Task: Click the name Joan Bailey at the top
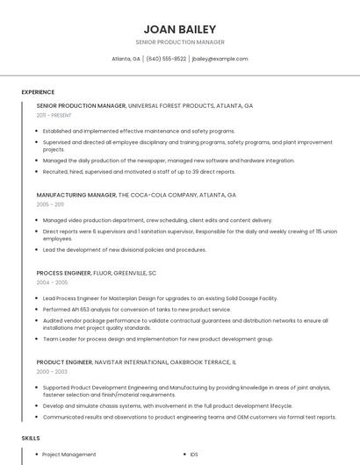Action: click(179, 29)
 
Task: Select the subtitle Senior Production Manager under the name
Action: click(179, 42)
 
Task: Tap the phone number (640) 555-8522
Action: click(166, 59)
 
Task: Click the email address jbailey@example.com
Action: click(220, 59)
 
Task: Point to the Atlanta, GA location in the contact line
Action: click(126, 59)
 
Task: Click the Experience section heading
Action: click(38, 92)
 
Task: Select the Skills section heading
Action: click(31, 437)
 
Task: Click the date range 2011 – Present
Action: click(54, 116)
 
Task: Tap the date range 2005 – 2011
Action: click(50, 204)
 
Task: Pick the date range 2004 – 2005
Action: click(52, 283)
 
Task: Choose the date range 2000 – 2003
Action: click(52, 372)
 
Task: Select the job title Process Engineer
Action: click(64, 273)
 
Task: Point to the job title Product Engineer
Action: click(65, 361)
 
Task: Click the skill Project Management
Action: click(68, 454)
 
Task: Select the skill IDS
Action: click(193, 454)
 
